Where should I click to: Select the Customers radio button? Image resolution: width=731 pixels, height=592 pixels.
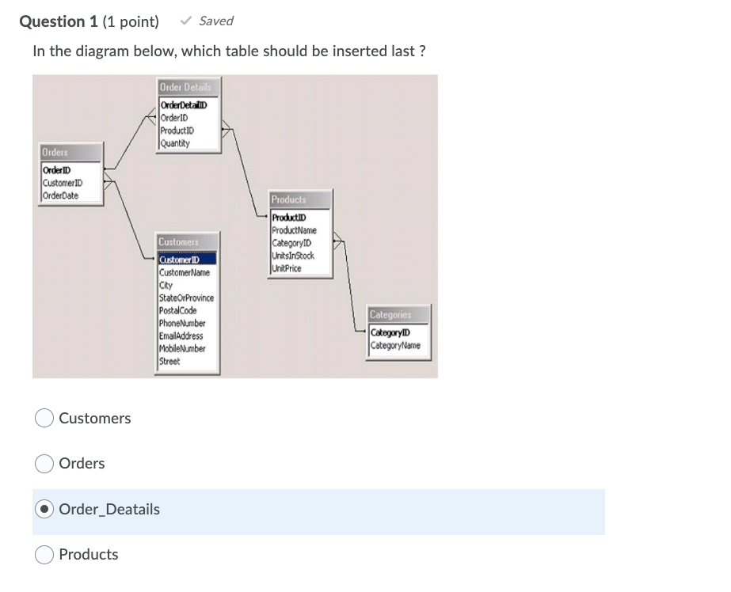pos(44,418)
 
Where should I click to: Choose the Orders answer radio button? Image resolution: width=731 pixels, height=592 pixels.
pos(44,464)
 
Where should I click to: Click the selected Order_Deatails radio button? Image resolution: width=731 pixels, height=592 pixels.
pos(44,509)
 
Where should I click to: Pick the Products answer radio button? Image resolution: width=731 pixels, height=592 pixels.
pos(44,555)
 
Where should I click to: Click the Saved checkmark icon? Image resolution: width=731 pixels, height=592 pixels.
pos(186,21)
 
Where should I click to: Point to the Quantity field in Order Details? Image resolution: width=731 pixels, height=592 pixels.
pos(174,143)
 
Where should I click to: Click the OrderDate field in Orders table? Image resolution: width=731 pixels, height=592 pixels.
pos(61,195)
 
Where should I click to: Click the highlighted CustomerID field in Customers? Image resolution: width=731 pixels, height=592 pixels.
pos(179,260)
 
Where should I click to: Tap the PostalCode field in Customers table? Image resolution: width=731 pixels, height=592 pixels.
pos(177,310)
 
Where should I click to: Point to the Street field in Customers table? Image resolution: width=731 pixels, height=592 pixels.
pos(169,361)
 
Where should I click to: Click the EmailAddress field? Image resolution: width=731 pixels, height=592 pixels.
pos(181,336)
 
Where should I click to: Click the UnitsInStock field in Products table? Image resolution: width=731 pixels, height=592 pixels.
pos(293,256)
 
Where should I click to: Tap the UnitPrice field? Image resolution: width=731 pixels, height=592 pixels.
pos(287,268)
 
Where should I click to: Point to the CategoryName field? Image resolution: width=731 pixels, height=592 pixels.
pos(396,345)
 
